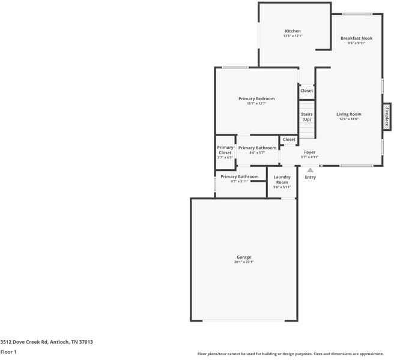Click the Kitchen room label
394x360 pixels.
pos(292,31)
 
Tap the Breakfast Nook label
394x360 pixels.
pos(356,38)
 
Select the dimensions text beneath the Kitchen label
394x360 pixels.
pos(292,36)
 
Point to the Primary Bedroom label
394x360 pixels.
pos(256,98)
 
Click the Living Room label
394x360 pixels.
pos(348,114)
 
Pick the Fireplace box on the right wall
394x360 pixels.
pos(387,116)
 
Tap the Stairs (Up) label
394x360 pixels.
pos(307,116)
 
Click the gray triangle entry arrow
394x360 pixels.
pos(310,170)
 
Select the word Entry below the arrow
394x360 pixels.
pos(310,177)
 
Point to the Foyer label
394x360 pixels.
pos(309,152)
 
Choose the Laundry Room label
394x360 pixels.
pos(282,179)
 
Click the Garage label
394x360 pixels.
pos(244,257)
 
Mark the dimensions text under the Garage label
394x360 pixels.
pos(244,262)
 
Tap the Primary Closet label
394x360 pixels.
pos(225,150)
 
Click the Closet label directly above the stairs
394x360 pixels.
pos(306,91)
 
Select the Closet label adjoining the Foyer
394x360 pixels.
pos(289,139)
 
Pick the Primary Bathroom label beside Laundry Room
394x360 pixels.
pos(239,176)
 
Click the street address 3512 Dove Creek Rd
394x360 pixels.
pos(46,341)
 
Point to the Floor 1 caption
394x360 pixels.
pos(8,352)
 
